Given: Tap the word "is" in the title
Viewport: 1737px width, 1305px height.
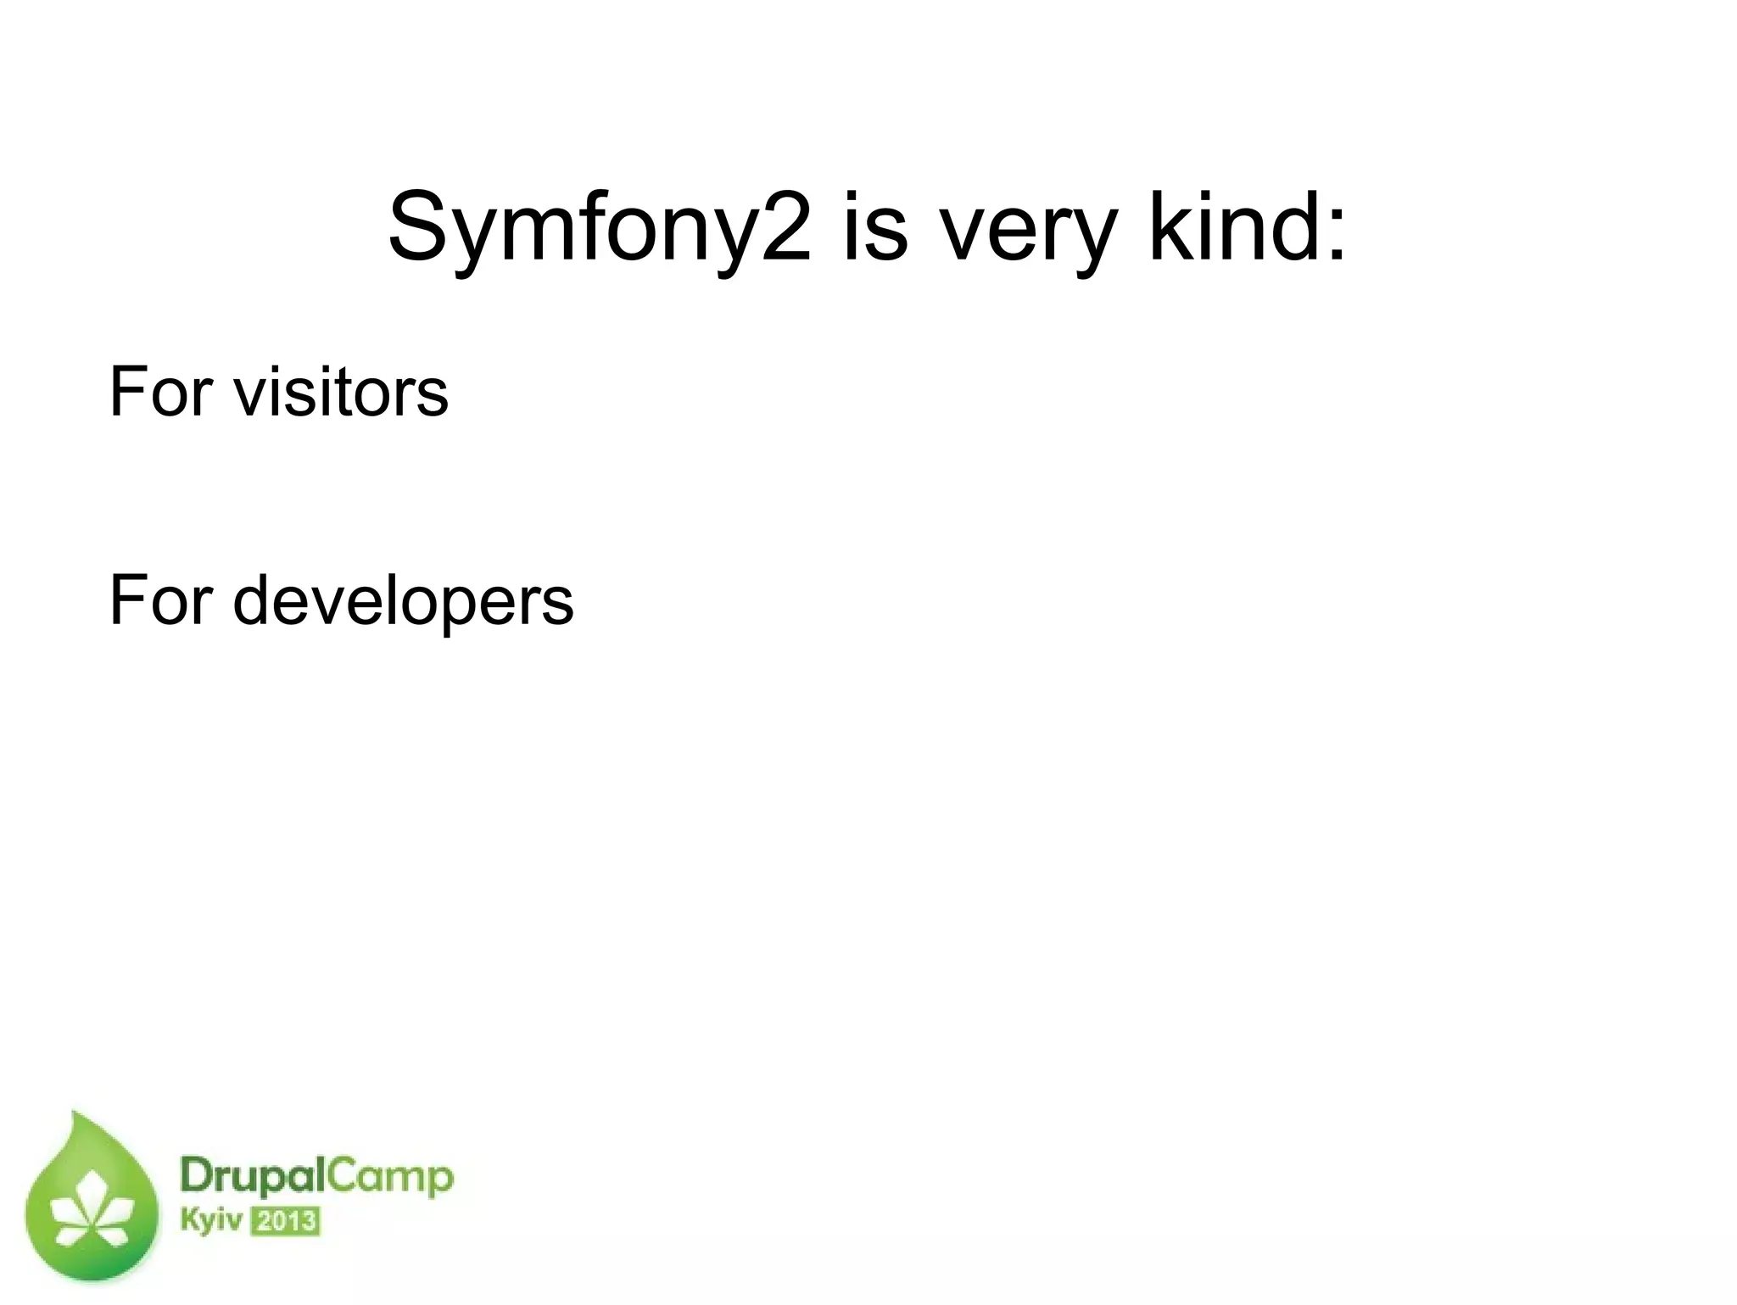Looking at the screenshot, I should click(875, 227).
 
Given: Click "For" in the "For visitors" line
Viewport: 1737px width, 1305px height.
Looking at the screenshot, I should click(160, 392).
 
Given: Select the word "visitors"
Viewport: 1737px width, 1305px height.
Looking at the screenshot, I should click(340, 392).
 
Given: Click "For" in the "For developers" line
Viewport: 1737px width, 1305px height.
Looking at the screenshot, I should click(160, 600).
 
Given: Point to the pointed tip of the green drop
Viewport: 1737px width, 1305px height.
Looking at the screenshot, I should click(75, 1114).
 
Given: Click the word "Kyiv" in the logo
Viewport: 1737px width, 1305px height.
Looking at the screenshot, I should click(210, 1222).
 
